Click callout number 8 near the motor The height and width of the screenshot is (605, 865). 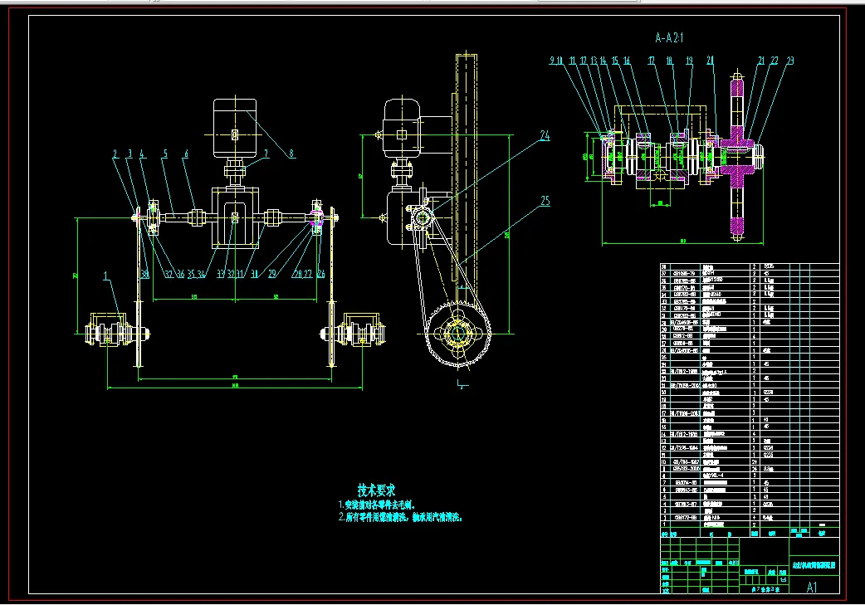[291, 154]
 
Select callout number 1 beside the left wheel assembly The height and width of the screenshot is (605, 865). [106, 274]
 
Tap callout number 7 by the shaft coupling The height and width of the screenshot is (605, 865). [266, 154]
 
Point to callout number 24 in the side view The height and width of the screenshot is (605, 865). [545, 135]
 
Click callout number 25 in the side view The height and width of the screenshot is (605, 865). [545, 200]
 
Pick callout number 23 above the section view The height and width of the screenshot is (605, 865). [789, 61]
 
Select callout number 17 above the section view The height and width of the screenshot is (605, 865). [652, 61]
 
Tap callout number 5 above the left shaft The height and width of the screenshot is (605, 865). [164, 154]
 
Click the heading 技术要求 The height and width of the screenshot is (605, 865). [376, 490]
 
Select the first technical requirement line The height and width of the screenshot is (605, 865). [376, 504]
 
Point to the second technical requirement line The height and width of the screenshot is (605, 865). [399, 516]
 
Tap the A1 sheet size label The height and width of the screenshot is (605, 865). [812, 587]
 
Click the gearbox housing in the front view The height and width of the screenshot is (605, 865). [234, 218]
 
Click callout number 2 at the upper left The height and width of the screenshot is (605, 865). [115, 154]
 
